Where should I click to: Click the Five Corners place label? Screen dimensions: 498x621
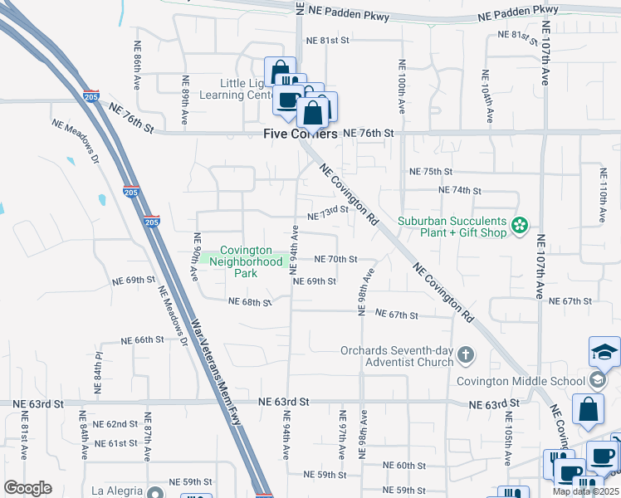coord(301,134)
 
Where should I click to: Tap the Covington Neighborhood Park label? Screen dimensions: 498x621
coord(245,261)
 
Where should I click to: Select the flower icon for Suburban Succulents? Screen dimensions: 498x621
coord(520,226)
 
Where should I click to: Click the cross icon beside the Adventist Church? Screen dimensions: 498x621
coord(466,355)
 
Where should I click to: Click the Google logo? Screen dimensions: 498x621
coord(27,488)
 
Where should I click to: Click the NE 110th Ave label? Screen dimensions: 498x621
coord(603,196)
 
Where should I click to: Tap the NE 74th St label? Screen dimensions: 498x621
coord(459,190)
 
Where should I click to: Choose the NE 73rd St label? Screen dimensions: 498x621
coord(327,214)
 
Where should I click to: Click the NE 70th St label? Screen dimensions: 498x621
coord(335,259)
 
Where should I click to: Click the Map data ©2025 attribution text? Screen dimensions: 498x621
coord(585,491)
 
